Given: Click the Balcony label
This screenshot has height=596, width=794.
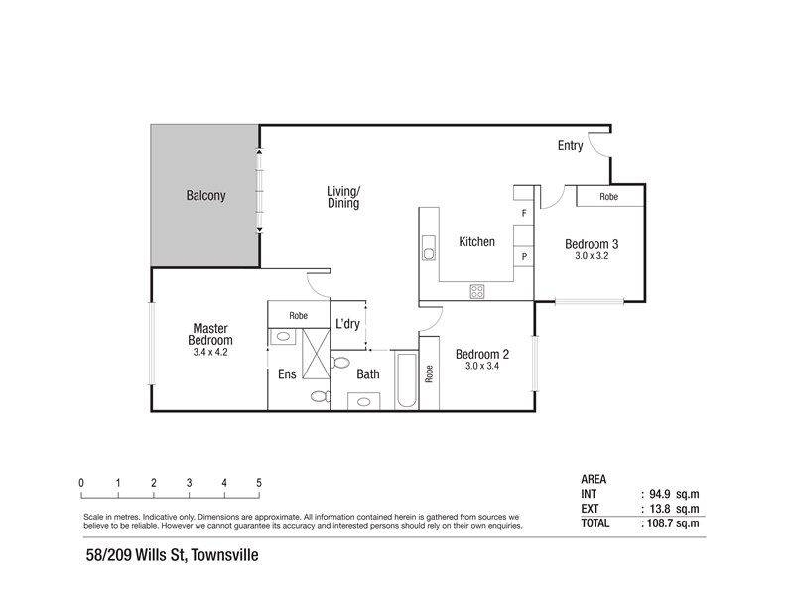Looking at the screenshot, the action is pyautogui.click(x=205, y=195).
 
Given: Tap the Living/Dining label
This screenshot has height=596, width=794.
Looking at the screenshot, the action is pyautogui.click(x=343, y=197).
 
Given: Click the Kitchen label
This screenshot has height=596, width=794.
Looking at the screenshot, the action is pyautogui.click(x=476, y=242).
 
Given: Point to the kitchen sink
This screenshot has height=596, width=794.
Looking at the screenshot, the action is pyautogui.click(x=429, y=248).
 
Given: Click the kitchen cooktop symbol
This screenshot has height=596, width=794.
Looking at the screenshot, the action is pyautogui.click(x=477, y=291).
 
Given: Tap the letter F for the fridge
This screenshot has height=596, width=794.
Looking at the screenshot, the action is pyautogui.click(x=524, y=214).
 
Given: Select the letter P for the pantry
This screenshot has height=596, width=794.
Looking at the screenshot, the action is pyautogui.click(x=524, y=257).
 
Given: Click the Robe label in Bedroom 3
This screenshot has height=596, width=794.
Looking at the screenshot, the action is pyautogui.click(x=608, y=196).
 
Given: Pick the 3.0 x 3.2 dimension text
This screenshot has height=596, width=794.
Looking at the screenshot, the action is pyautogui.click(x=592, y=256).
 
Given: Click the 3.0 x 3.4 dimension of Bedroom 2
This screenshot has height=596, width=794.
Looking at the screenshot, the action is pyautogui.click(x=482, y=366).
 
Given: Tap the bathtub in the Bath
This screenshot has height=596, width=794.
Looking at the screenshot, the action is pyautogui.click(x=406, y=379).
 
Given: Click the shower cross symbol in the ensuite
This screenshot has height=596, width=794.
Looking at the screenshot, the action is pyautogui.click(x=316, y=354).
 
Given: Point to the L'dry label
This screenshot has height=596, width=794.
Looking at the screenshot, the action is pyautogui.click(x=347, y=324).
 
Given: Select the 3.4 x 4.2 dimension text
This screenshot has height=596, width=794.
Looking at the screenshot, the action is pyautogui.click(x=210, y=352).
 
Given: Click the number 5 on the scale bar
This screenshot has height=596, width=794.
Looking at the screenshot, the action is pyautogui.click(x=259, y=483).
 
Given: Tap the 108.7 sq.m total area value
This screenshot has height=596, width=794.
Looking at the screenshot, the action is pyautogui.click(x=673, y=523).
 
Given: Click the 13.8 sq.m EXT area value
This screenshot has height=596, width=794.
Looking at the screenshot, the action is pyautogui.click(x=674, y=509).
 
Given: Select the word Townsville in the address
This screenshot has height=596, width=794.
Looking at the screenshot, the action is pyautogui.click(x=225, y=555).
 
